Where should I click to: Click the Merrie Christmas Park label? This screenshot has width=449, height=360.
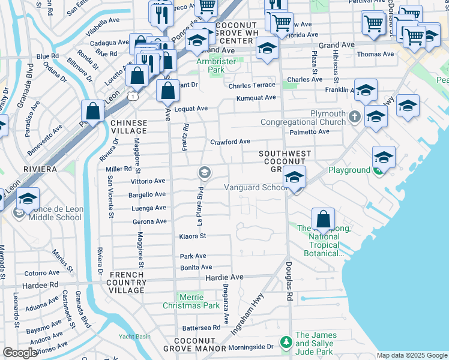pos(191,301)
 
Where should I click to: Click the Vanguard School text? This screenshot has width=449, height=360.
pos(256,187)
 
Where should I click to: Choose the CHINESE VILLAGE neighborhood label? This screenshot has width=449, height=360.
pos(128,126)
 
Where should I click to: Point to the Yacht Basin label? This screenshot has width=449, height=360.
pos(134,336)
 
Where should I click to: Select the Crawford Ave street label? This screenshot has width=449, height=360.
pos(230,142)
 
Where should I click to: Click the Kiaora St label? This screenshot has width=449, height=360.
pos(193,236)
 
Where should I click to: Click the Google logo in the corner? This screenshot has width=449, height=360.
pos(20,353)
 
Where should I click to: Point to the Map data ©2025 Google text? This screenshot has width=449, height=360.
pos(412,355)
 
